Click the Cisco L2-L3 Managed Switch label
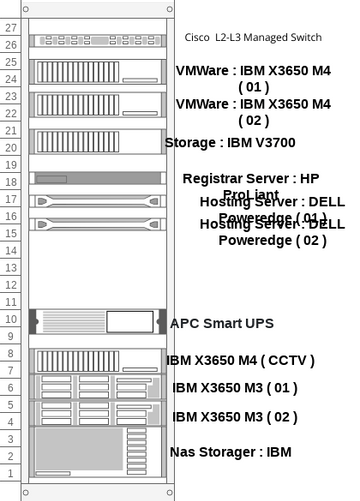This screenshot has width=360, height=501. pyautogui.click(x=253, y=37)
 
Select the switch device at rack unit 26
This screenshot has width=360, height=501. pyautogui.click(x=96, y=41)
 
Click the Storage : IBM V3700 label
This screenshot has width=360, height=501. pyautogui.click(x=229, y=143)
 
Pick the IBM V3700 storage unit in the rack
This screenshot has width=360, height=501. pyautogui.click(x=96, y=141)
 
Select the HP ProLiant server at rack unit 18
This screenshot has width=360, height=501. pyautogui.click(x=96, y=179)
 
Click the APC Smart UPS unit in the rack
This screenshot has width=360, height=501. pyautogui.click(x=96, y=321)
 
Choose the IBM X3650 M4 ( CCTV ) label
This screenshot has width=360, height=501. pyautogui.click(x=240, y=360)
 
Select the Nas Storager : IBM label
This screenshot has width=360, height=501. pyautogui.click(x=230, y=452)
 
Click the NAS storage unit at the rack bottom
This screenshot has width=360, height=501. pyautogui.click(x=96, y=451)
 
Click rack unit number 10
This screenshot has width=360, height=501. pyautogui.click(x=11, y=319)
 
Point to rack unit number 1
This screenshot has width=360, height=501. pyautogui.click(x=11, y=473)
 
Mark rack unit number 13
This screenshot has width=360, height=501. pyautogui.click(x=11, y=267)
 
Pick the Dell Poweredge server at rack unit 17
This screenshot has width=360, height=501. pyautogui.click(x=96, y=200)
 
